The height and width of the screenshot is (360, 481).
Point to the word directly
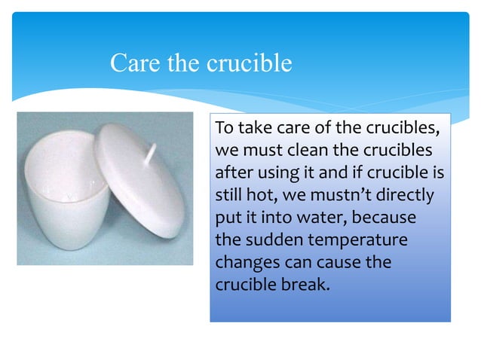406,195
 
